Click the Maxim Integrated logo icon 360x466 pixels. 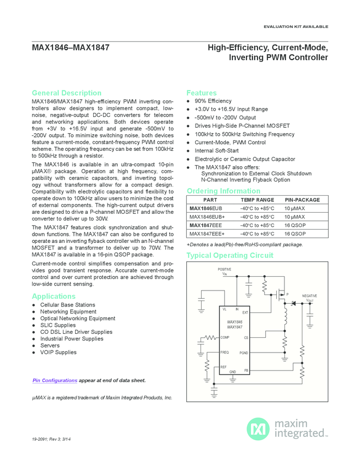point(257,428)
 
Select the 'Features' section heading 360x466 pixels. point(202,93)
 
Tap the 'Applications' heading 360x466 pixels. point(54,296)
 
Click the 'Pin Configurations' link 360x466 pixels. point(55,380)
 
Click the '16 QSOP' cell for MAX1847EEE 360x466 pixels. point(295,225)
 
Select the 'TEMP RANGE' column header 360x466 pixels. point(257,200)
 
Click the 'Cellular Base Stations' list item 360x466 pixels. point(67,305)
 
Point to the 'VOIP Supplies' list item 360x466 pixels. point(58,353)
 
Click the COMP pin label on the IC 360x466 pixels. point(225,338)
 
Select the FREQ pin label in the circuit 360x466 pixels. point(225,352)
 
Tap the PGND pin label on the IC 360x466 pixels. point(243,353)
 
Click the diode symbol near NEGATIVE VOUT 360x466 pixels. point(293,303)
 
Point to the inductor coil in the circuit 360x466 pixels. point(285,318)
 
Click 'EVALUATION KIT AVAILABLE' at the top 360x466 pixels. point(296,26)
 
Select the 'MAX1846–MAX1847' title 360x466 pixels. point(71,48)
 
